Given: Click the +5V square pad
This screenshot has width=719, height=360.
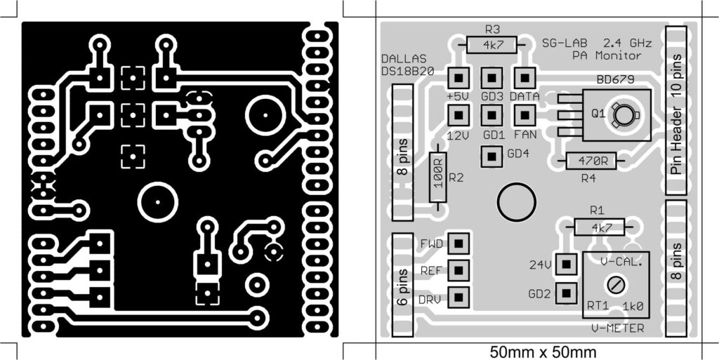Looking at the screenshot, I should tap(458, 77).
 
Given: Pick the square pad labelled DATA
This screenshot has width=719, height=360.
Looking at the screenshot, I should tap(525, 77).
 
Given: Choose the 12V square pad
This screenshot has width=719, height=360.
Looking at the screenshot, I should tap(458, 114).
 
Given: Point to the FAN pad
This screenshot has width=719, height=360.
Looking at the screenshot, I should tap(525, 114).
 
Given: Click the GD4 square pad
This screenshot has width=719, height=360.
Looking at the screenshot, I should tap(491, 156).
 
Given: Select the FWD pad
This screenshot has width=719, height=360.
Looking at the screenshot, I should tap(459, 244).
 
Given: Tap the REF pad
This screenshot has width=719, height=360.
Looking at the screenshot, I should tap(459, 270).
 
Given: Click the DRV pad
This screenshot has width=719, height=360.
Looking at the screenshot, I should tap(459, 297).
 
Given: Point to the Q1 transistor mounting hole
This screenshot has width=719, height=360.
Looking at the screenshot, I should tap(621, 114).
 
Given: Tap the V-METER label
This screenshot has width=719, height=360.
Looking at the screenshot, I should tap(617, 328).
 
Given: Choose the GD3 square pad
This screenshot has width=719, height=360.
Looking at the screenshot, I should tap(491, 77).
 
